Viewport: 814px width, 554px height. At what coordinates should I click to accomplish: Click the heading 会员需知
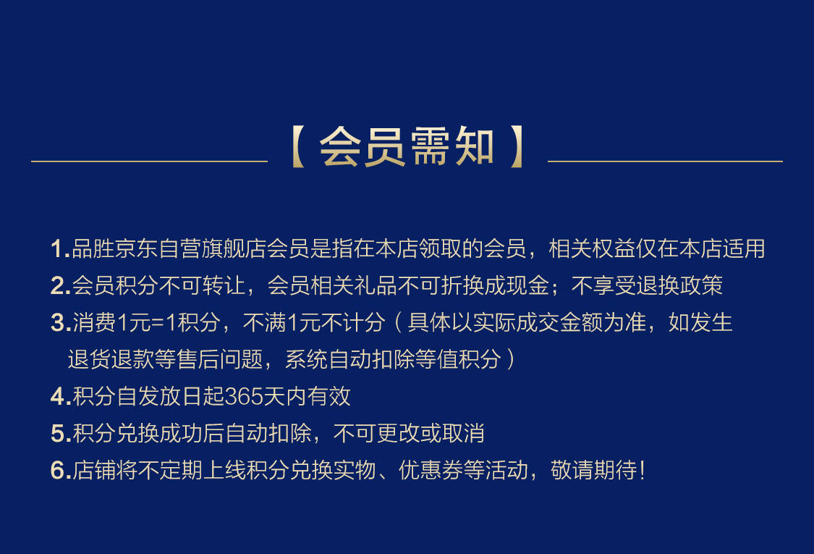click(407, 147)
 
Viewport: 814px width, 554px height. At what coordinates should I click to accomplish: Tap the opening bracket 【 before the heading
click(297, 147)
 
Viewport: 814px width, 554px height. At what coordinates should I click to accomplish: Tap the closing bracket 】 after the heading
click(517, 147)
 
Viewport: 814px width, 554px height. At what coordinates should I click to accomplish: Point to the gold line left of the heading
click(150, 161)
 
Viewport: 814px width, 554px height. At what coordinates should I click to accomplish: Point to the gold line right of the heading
click(665, 161)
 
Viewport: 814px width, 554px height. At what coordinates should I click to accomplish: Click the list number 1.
click(57, 249)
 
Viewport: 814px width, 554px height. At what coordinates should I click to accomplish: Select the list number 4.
click(57, 397)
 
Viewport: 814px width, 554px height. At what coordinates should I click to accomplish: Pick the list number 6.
click(57, 470)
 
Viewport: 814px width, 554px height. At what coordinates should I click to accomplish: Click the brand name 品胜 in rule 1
click(93, 248)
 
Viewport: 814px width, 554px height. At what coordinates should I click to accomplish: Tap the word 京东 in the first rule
click(137, 248)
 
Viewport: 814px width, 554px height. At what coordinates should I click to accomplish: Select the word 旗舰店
click(234, 248)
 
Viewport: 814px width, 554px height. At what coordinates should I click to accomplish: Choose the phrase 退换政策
click(679, 285)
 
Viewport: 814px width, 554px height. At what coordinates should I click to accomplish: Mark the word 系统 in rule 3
click(307, 359)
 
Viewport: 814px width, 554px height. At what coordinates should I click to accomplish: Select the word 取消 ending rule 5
click(463, 434)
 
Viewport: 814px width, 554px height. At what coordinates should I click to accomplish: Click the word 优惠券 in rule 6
click(431, 470)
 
